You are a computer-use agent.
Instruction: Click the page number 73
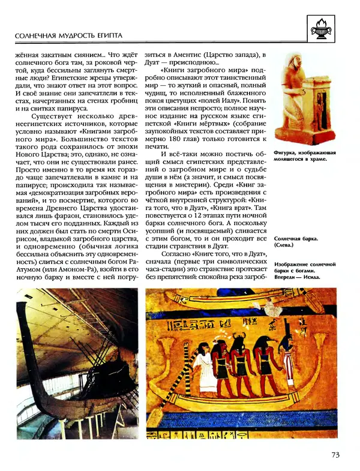click(x=335, y=454)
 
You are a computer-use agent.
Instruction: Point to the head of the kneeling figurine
click(x=295, y=61)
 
